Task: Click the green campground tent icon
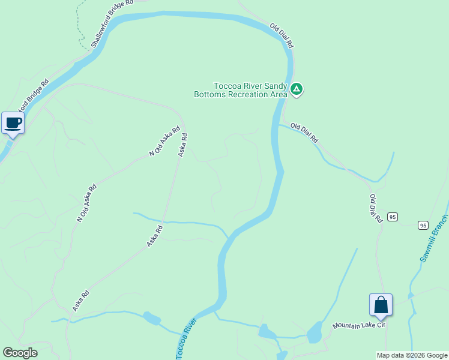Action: pos(296,89)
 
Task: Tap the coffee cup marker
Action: pos(13,124)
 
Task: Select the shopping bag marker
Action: pos(381,305)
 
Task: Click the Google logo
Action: pos(20,353)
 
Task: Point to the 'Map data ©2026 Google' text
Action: pos(412,355)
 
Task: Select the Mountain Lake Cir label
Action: pos(358,325)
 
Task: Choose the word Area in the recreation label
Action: pos(277,94)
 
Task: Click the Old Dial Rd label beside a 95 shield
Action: pos(376,209)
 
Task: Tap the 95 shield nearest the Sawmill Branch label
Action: pos(423,226)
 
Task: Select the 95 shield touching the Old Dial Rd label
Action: pos(392,217)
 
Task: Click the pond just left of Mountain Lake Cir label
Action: pos(314,332)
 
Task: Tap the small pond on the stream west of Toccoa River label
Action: pos(152,318)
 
